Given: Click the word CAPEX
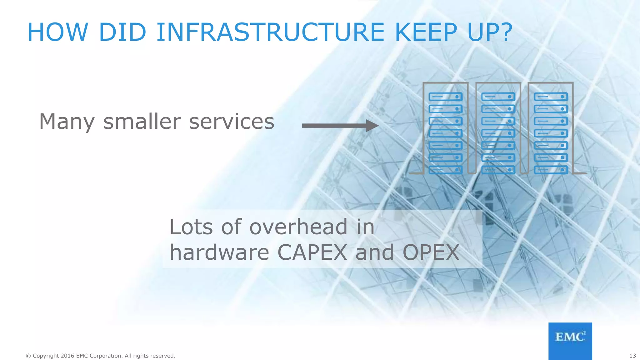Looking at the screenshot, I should click(312, 252).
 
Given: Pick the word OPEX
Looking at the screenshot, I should click(431, 252).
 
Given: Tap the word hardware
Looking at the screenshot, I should click(219, 252).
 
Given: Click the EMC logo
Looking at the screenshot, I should click(570, 340).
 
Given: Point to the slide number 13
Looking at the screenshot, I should click(632, 356).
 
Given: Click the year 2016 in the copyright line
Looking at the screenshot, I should click(67, 356).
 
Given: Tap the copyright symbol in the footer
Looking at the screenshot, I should click(28, 356).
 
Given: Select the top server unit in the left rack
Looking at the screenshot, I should click(445, 97).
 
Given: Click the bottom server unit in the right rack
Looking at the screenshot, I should click(551, 170).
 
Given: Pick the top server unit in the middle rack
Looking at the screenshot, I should click(498, 97).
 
